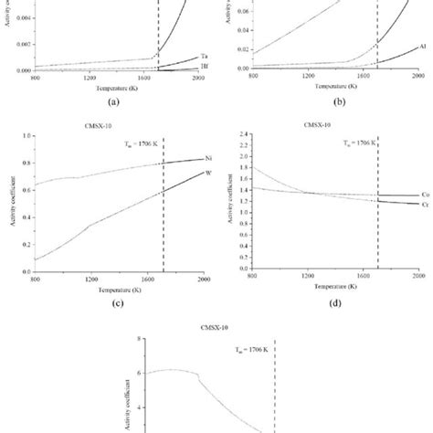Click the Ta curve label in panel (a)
pos(202,57)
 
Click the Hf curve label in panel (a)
pos(203,68)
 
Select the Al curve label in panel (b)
pos(421,45)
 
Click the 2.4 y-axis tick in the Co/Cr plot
pos(245,135)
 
